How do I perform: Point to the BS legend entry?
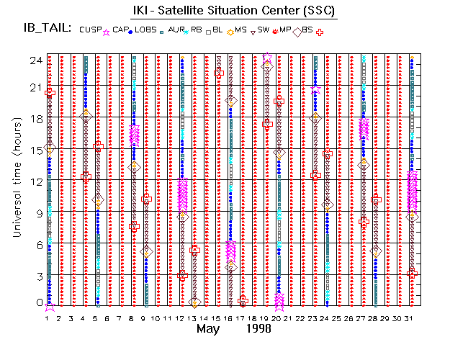pyautogui.click(x=307, y=30)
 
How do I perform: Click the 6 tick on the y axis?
pyautogui.click(x=35, y=244)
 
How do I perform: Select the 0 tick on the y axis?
pyautogui.click(x=35, y=303)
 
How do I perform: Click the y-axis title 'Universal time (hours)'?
pyautogui.click(x=16, y=180)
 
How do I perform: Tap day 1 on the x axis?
pyautogui.click(x=49, y=318)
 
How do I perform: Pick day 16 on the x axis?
pyautogui.click(x=230, y=318)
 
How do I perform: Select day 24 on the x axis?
pyautogui.click(x=327, y=318)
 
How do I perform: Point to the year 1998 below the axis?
pyautogui.click(x=257, y=330)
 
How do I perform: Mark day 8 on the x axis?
pyautogui.click(x=133, y=318)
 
